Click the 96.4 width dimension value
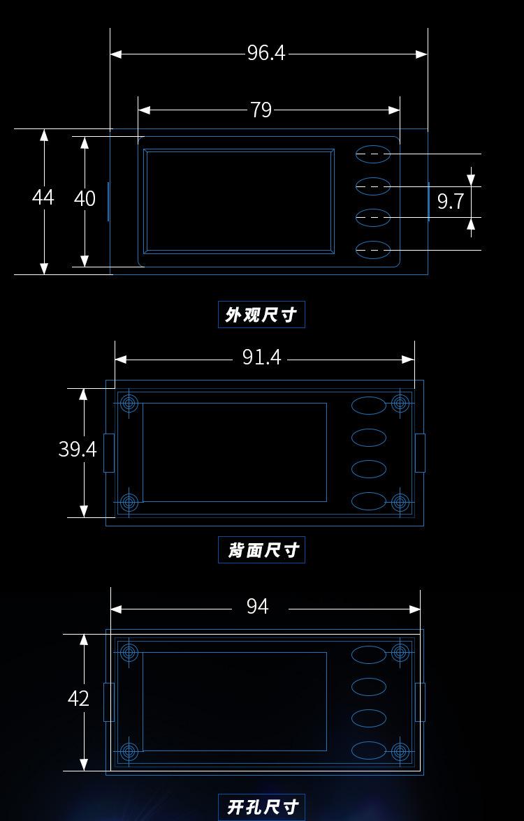pyautogui.click(x=266, y=53)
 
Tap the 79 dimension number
pyautogui.click(x=261, y=110)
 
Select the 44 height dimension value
pyautogui.click(x=43, y=198)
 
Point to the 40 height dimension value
pyautogui.click(x=85, y=199)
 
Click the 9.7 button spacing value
pyautogui.click(x=450, y=201)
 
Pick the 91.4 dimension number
pyautogui.click(x=261, y=357)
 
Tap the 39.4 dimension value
pyautogui.click(x=77, y=449)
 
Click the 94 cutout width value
pyautogui.click(x=257, y=606)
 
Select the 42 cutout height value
pyautogui.click(x=78, y=698)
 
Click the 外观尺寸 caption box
pyautogui.click(x=261, y=315)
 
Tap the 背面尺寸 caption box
pyautogui.click(x=261, y=550)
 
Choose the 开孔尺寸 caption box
pyautogui.click(x=261, y=807)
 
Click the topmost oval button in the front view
pyautogui.click(x=373, y=154)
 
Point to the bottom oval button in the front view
pyautogui.click(x=373, y=249)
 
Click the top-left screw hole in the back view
pyautogui.click(x=129, y=403)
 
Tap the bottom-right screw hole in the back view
pyautogui.click(x=400, y=501)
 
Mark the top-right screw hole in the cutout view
pyautogui.click(x=400, y=652)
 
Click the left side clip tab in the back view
pyautogui.click(x=109, y=452)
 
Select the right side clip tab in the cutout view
pyautogui.click(x=420, y=702)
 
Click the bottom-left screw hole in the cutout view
pyautogui.click(x=129, y=751)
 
